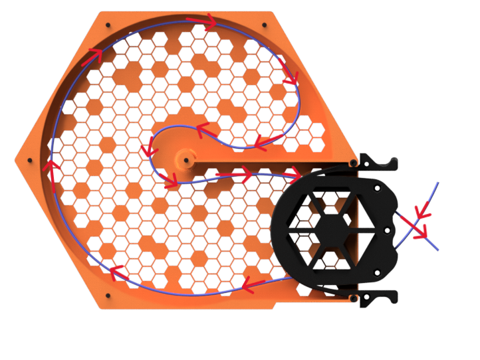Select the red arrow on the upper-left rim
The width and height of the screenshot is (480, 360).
(x=93, y=55)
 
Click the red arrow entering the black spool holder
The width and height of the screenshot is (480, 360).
(x=290, y=173)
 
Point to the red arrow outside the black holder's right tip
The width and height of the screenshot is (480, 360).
(x=417, y=225)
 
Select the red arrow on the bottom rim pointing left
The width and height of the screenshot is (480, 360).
(x=252, y=286)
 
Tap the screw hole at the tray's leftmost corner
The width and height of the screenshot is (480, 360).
(x=29, y=160)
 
